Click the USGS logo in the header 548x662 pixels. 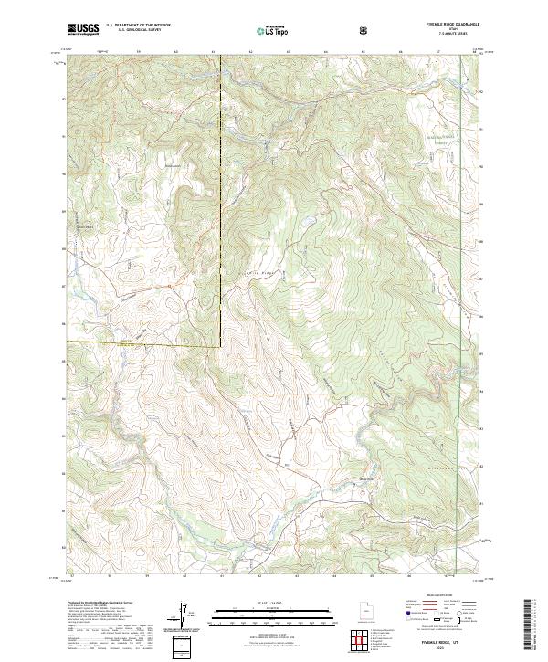[x=83, y=29]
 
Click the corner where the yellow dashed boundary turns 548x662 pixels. [x=220, y=344]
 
